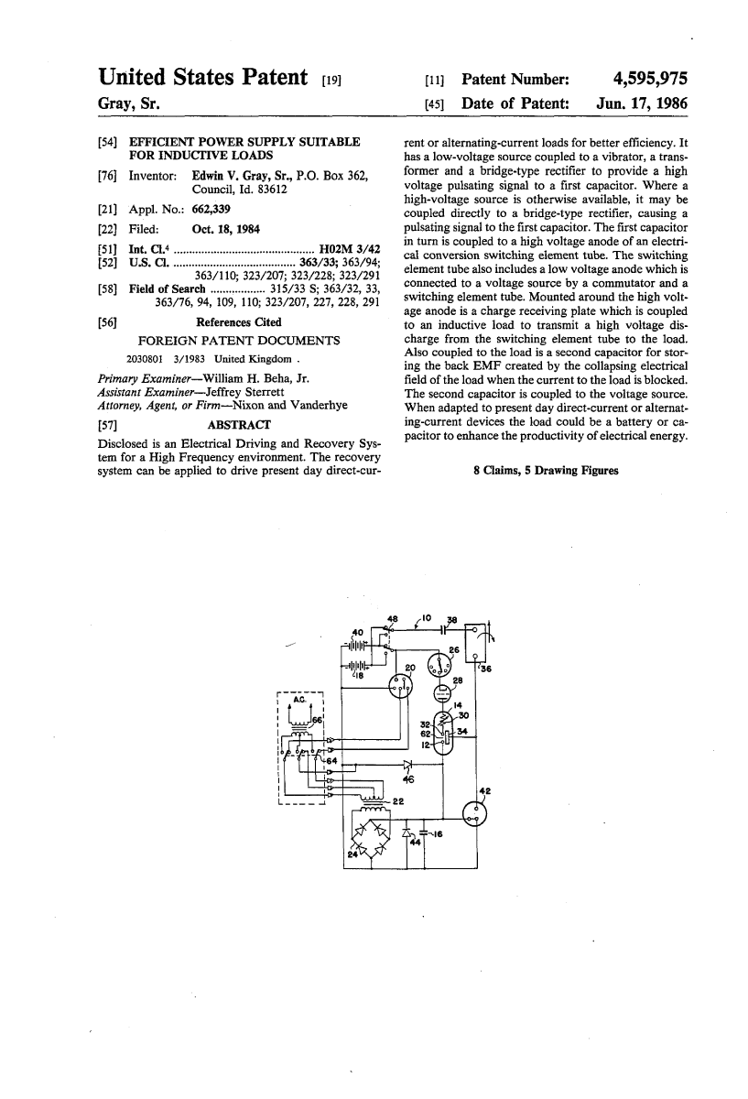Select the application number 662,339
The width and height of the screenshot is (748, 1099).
[x=211, y=210]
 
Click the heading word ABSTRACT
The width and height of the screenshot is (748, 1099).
[x=240, y=425]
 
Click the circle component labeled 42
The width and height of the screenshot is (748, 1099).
[x=475, y=811]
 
